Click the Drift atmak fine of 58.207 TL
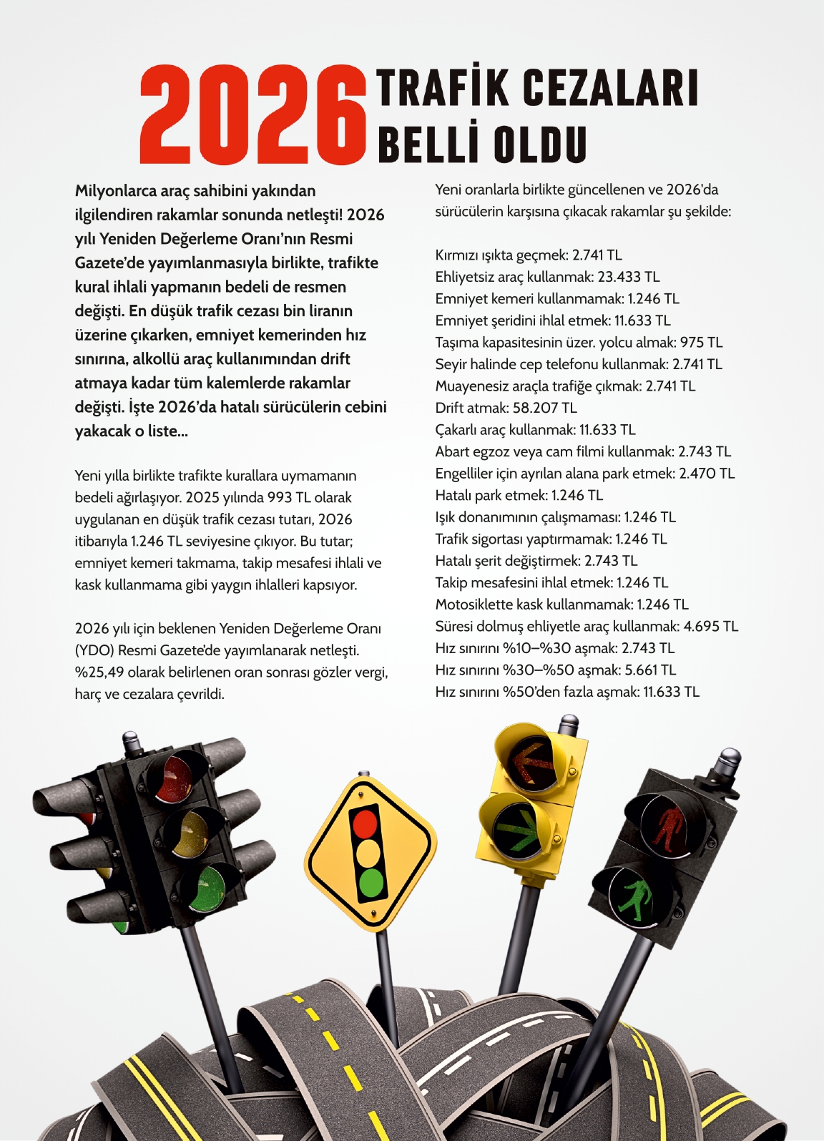[x=544, y=408]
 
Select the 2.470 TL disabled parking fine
[x=706, y=474]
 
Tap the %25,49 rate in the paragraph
[x=99, y=672]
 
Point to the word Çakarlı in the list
[x=460, y=430]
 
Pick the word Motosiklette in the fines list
[x=476, y=604]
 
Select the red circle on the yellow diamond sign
[x=365, y=823]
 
